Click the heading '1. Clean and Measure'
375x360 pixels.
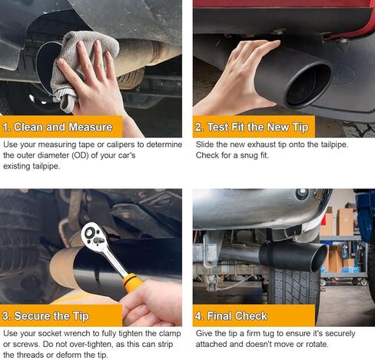point(58,127)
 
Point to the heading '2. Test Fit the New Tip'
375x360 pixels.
point(252,127)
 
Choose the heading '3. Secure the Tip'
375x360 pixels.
point(45,316)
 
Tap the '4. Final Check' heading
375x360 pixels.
point(231,316)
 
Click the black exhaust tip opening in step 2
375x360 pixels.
point(308,85)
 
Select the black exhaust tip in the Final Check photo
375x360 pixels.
point(293,255)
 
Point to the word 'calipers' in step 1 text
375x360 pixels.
point(121,145)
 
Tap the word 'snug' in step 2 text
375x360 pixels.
point(249,155)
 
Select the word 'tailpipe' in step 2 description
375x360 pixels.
point(334,145)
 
